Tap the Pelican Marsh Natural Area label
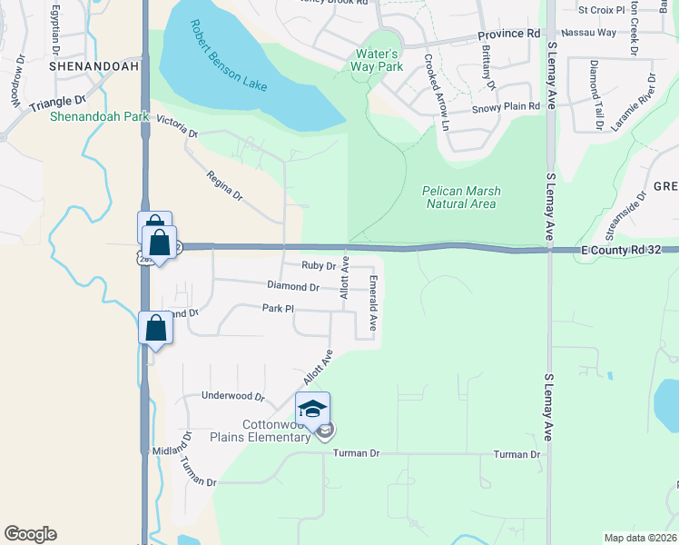pos(461,197)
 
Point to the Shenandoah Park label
pos(86,116)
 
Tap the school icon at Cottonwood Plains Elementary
pos(312,410)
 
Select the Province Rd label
pos(508,34)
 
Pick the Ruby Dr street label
pos(319,266)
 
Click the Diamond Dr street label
pos(292,287)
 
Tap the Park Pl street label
pos(278,309)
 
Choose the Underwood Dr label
pos(232,397)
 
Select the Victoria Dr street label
pos(177,126)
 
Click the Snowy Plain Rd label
pos(506,107)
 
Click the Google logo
pos(30,534)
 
